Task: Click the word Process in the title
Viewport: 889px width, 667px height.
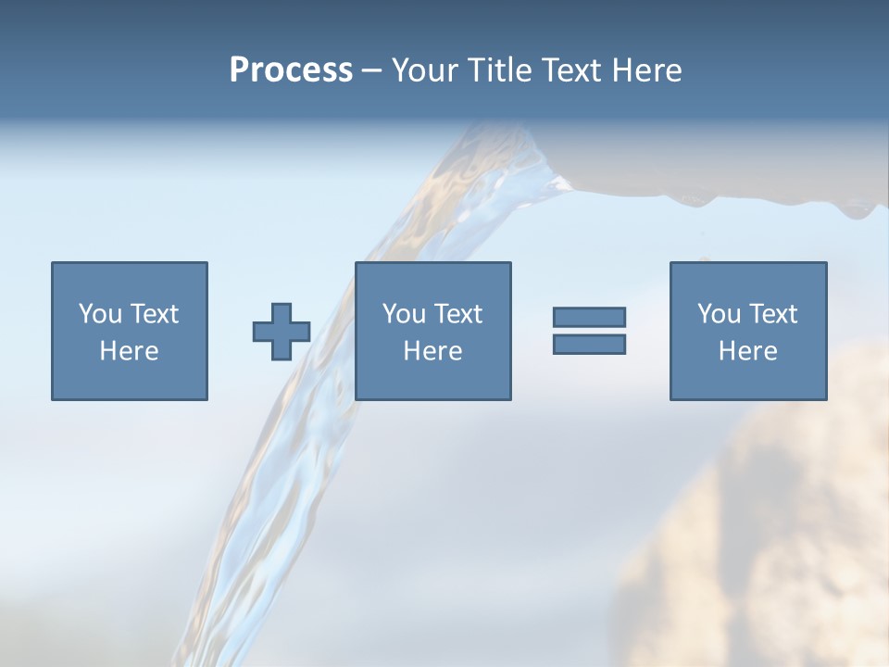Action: click(x=291, y=70)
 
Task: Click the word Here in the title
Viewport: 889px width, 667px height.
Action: click(x=648, y=70)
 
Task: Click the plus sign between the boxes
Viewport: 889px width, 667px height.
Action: click(x=282, y=331)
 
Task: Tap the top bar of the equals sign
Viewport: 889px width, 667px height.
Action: click(x=589, y=317)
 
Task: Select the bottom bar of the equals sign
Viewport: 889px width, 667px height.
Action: click(x=589, y=344)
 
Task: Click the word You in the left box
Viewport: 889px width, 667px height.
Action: click(x=99, y=314)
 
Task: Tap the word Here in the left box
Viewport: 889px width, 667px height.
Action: click(x=129, y=351)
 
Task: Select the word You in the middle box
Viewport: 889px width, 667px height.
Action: click(x=403, y=314)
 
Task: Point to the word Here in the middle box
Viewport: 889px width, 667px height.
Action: click(x=432, y=351)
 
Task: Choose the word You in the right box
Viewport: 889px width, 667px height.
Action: click(x=718, y=314)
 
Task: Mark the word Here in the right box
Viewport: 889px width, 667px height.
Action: click(x=747, y=351)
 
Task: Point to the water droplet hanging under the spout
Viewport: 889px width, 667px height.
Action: click(x=857, y=211)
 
